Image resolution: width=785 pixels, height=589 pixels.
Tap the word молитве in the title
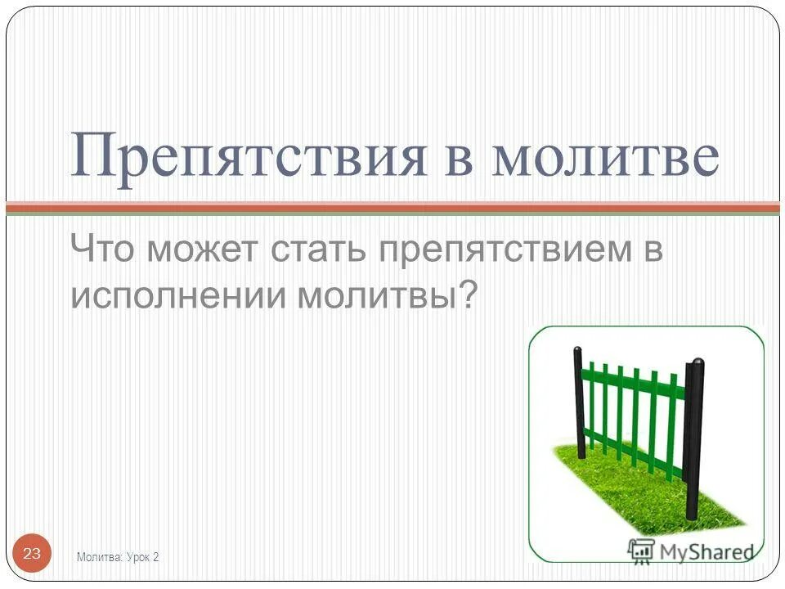tap(604, 155)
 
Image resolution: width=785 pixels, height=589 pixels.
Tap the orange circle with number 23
tap(32, 554)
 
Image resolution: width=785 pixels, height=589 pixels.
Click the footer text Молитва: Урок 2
tap(118, 557)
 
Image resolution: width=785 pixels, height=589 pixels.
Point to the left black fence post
tap(579, 402)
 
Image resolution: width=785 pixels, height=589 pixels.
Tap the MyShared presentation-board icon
tap(641, 550)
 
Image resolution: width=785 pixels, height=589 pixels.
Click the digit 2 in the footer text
tap(155, 557)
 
